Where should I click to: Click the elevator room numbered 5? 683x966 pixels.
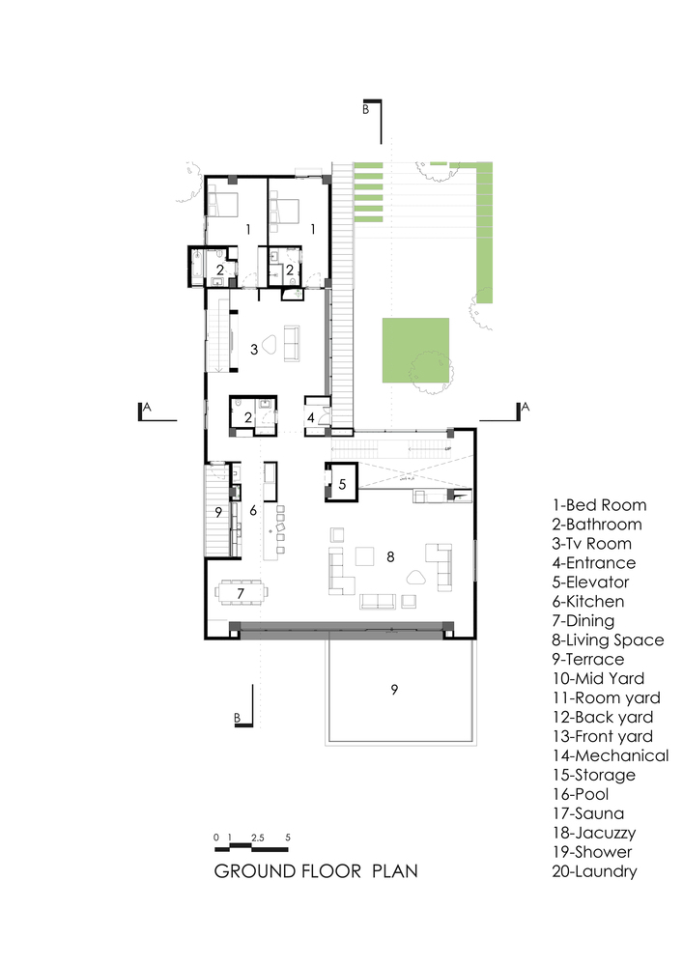click(x=342, y=481)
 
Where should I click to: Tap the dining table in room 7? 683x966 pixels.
click(x=241, y=593)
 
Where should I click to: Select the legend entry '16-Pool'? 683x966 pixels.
click(x=581, y=794)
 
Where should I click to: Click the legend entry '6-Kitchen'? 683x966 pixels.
click(x=588, y=601)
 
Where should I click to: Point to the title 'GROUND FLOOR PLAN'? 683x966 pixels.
click(x=316, y=871)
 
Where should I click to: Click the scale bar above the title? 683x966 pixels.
click(x=251, y=848)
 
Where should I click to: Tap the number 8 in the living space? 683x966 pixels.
click(x=390, y=557)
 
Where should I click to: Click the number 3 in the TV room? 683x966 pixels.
click(x=254, y=350)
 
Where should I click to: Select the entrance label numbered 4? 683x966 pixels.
click(x=311, y=417)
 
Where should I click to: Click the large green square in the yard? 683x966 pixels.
click(x=415, y=350)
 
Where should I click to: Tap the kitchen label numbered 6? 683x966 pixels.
click(x=253, y=510)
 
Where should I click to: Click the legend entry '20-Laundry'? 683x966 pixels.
click(x=594, y=871)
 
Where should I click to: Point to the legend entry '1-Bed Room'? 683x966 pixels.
click(x=599, y=505)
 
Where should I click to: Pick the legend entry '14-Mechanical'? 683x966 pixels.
click(x=611, y=755)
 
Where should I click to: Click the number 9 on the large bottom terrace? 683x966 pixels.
click(x=394, y=689)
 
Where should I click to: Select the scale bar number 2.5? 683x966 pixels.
click(x=257, y=838)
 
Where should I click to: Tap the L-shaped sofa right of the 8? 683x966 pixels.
click(x=440, y=567)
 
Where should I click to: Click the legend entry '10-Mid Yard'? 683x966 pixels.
click(x=598, y=678)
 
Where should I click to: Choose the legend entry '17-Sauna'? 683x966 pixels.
click(x=588, y=813)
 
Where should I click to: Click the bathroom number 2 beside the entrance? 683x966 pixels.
click(x=247, y=417)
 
